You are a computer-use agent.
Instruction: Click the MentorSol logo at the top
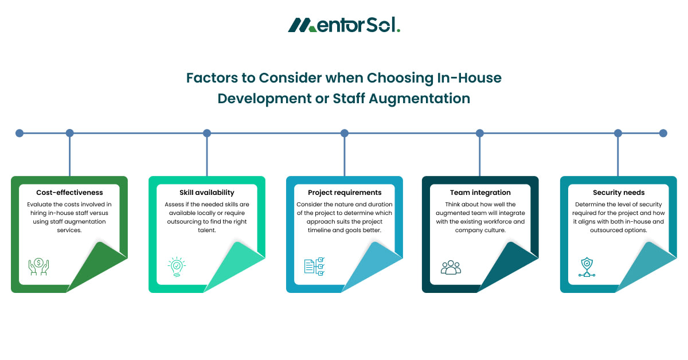344,25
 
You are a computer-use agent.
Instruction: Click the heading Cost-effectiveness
69,193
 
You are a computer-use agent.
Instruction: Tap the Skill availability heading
206,193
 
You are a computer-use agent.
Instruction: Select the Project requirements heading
345,193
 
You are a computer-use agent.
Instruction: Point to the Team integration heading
480,193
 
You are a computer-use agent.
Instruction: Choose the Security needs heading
618,193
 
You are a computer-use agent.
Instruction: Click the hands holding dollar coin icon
39,267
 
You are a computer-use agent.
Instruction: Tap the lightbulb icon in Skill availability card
177,267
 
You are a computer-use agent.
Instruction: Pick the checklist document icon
314,267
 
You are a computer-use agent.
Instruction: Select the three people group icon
451,267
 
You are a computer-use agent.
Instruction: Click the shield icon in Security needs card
588,267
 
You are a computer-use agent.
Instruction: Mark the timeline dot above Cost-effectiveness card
70,133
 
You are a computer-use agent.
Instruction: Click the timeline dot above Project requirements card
345,133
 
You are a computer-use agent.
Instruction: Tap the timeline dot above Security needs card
618,133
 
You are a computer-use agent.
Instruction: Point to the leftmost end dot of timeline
19,133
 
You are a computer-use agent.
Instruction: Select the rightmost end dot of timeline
663,133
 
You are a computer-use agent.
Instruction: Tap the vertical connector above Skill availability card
207,155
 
